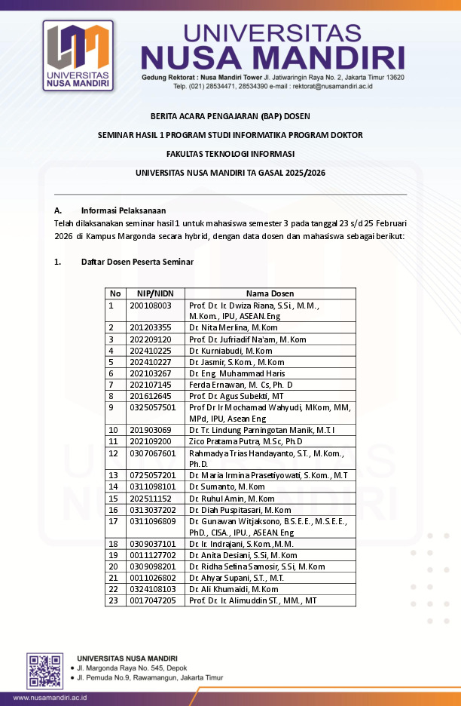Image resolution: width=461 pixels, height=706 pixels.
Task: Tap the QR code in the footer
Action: [45, 671]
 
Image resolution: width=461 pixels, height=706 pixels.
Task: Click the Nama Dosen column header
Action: [270, 293]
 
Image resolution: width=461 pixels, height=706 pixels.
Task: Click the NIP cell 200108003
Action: [151, 305]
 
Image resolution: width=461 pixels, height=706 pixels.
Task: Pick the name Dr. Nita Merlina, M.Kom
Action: [234, 327]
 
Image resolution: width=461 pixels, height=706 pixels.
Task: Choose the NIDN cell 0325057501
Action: [153, 407]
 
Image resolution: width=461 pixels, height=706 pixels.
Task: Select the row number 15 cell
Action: [114, 499]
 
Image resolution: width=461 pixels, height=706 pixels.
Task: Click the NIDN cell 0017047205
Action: [153, 600]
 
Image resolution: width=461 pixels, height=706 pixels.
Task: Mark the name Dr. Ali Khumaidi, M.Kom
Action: [234, 589]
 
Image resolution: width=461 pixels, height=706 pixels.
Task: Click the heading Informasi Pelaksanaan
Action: [124, 210]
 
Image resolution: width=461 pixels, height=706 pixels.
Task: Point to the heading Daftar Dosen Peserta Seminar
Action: [137, 262]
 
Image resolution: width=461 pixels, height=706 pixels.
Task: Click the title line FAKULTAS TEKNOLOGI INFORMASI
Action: [230, 154]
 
